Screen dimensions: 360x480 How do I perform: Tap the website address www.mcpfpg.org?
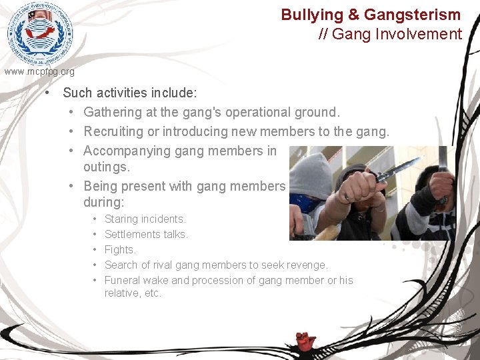(39, 71)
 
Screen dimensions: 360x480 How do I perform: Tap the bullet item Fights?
(120, 249)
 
